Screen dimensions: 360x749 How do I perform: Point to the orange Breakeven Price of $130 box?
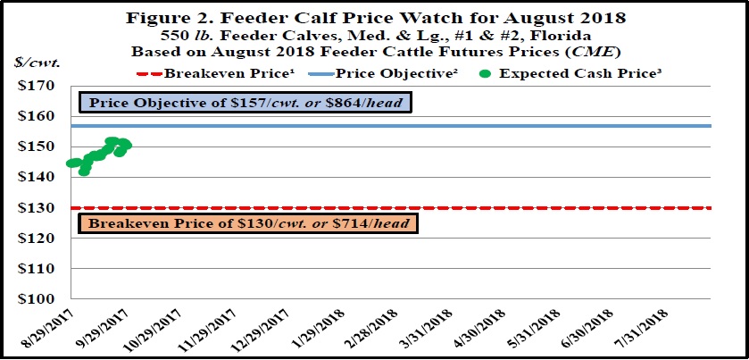(x=249, y=222)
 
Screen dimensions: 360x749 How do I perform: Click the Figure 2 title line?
(x=375, y=16)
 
